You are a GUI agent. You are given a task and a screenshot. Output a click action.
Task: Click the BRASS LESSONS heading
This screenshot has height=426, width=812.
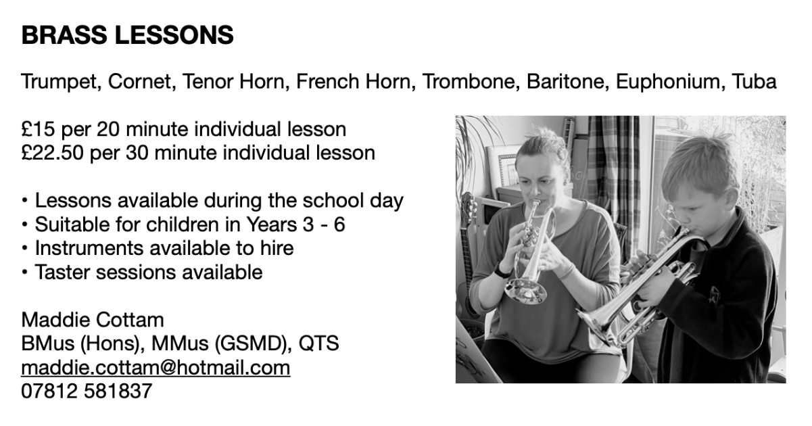(x=127, y=35)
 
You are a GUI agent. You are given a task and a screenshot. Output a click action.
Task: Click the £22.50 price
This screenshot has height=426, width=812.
(x=52, y=153)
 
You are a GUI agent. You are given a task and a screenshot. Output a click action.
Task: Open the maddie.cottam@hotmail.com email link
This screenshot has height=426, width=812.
(x=156, y=368)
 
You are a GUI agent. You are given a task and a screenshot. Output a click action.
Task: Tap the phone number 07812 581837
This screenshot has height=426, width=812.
(x=87, y=392)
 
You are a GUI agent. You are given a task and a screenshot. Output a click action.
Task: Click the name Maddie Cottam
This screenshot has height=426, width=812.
(x=93, y=320)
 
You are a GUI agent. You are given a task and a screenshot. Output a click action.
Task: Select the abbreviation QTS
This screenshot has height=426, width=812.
(x=318, y=344)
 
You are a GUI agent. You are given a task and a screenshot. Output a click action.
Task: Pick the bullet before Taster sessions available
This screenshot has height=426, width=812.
(x=24, y=272)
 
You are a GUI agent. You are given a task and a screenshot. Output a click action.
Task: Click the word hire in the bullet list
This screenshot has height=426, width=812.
(x=277, y=248)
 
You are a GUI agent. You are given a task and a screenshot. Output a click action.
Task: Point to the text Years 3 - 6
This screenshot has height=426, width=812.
(x=295, y=224)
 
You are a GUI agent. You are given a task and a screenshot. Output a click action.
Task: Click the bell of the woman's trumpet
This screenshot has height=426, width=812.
(x=525, y=291)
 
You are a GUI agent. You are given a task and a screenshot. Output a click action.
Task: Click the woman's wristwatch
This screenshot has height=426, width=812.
(x=502, y=271)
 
